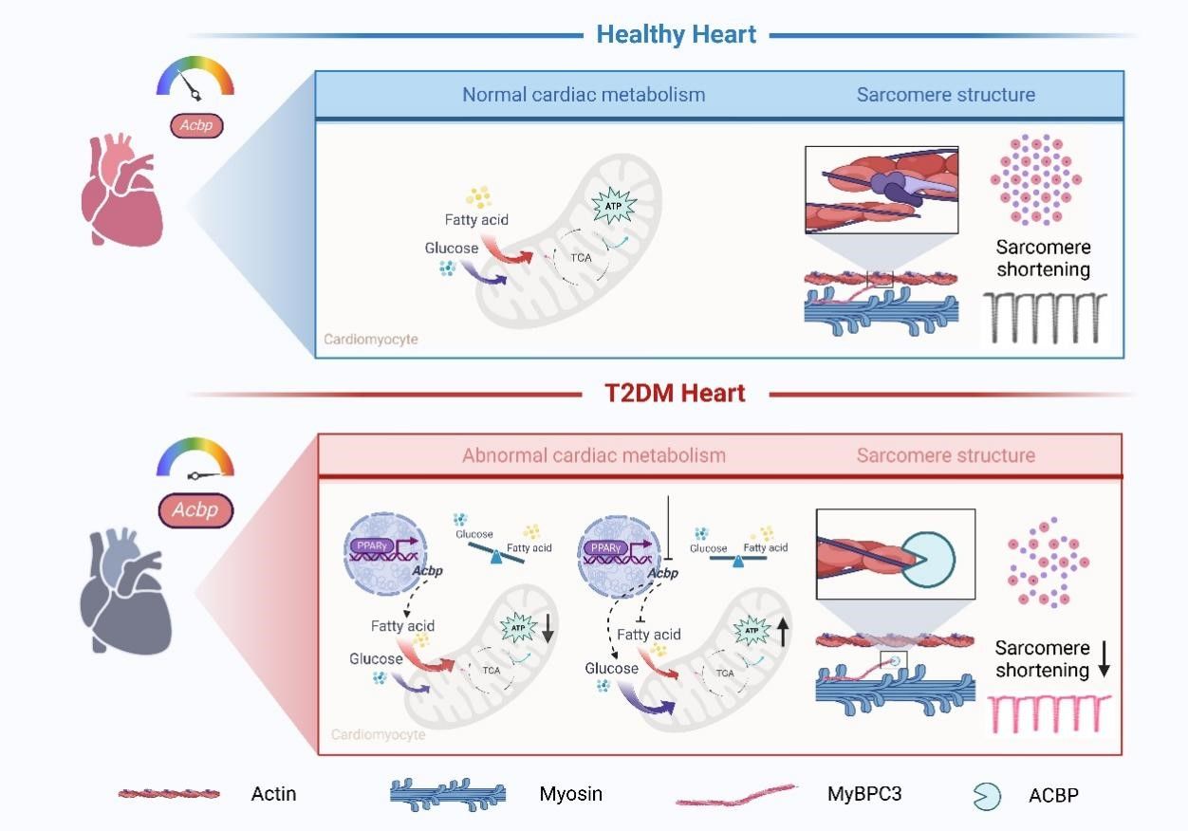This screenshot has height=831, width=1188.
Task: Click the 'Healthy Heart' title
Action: (676, 35)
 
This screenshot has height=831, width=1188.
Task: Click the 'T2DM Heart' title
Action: (676, 393)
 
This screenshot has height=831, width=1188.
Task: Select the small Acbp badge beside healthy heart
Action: (195, 126)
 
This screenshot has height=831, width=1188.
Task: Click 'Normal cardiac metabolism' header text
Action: (584, 95)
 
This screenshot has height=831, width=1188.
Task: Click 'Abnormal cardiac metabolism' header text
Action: (594, 455)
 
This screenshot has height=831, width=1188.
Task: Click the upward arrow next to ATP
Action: (784, 631)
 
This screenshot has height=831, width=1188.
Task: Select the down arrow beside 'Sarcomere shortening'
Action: (1104, 660)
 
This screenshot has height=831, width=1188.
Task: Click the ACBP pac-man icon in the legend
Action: (986, 796)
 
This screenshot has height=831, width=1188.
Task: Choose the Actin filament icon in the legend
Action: (170, 794)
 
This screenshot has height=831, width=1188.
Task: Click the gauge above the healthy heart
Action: (195, 79)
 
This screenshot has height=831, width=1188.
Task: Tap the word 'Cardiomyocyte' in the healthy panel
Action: (371, 339)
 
